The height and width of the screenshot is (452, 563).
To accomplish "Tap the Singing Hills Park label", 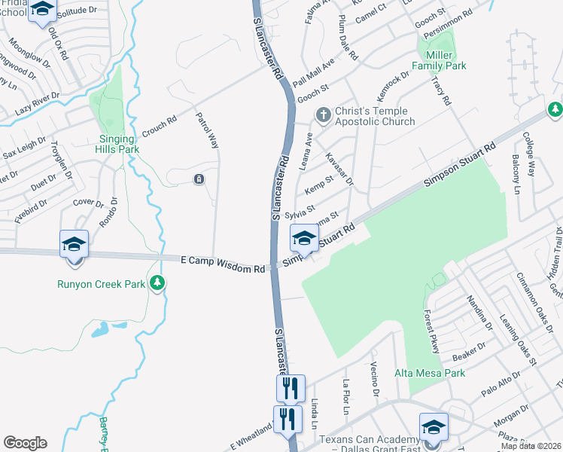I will pyautogui.click(x=119, y=144).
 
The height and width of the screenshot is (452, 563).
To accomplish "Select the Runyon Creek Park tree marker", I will pyautogui.click(x=157, y=283).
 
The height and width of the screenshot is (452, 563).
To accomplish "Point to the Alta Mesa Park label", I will pyautogui.click(x=430, y=373).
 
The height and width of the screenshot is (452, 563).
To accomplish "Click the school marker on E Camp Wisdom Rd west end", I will pyautogui.click(x=75, y=244).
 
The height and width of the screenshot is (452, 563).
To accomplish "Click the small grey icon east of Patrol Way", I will pyautogui.click(x=198, y=179).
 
